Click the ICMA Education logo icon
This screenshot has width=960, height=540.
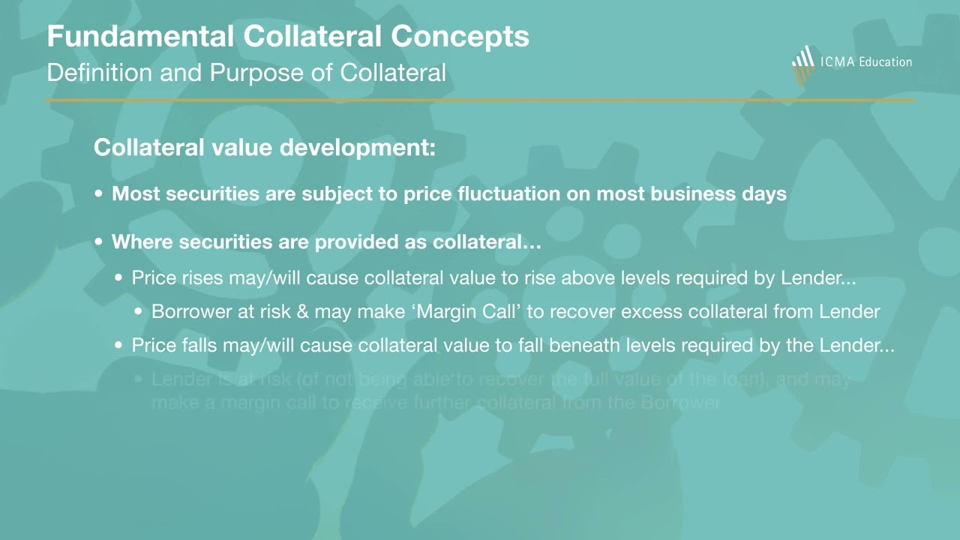click(x=803, y=63)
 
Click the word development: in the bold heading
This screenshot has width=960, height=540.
click(x=358, y=147)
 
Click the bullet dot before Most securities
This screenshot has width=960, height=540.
click(x=100, y=194)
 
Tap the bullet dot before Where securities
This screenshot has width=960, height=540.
click(x=100, y=242)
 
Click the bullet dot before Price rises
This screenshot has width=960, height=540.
click(x=120, y=278)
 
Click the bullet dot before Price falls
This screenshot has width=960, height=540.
click(x=120, y=346)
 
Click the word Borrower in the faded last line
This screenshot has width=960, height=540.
click(x=681, y=403)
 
